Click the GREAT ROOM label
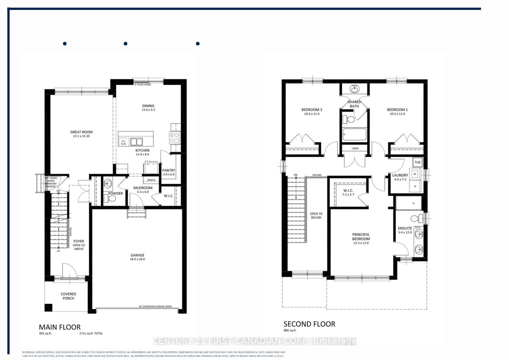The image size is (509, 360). [x=81, y=132]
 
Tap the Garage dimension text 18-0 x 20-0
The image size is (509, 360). [x=137, y=259]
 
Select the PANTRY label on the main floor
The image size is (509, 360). [x=169, y=170]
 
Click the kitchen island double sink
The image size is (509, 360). [x=136, y=142]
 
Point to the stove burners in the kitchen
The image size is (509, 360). [x=175, y=138]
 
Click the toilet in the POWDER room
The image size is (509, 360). [x=111, y=199]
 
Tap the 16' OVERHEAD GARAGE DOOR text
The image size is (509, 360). [x=155, y=306]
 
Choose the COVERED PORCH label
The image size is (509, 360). [x=68, y=296]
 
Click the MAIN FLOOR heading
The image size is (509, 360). [x=60, y=327]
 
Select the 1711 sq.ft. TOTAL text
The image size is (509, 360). [x=91, y=334]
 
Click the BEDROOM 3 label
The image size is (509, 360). [x=312, y=110]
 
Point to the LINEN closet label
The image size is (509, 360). [x=355, y=148]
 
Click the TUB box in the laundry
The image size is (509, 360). [x=417, y=162]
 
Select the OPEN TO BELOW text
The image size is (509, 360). [x=316, y=216]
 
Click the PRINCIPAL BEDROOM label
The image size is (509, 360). [x=361, y=237]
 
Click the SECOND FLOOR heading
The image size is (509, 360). [x=309, y=324]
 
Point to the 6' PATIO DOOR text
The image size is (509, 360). [x=142, y=84]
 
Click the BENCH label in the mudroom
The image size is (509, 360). [x=151, y=180]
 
